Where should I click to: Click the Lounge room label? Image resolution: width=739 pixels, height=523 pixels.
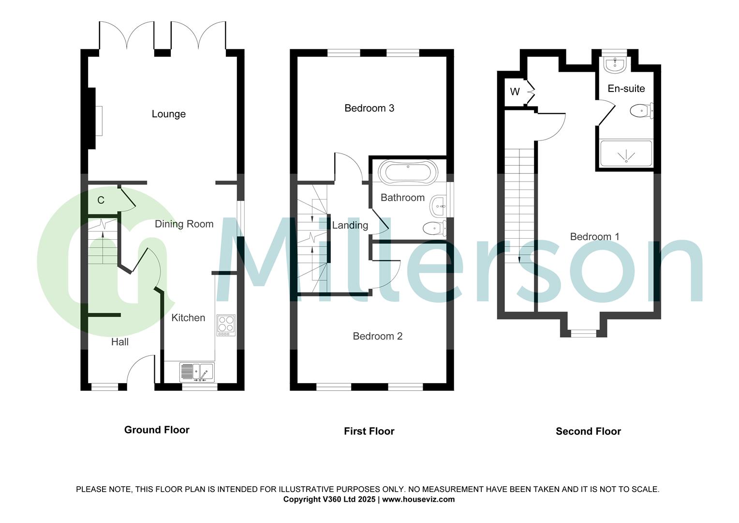pyautogui.click(x=168, y=114)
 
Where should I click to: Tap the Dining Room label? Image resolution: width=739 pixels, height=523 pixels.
pyautogui.click(x=184, y=224)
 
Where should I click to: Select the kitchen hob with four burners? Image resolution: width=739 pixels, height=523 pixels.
pyautogui.click(x=226, y=325)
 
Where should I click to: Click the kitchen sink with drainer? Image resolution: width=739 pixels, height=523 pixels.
pyautogui.click(x=196, y=372)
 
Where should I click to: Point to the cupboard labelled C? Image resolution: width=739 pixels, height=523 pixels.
pyautogui.click(x=101, y=200)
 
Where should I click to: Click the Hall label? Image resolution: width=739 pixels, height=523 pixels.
pyautogui.click(x=120, y=342)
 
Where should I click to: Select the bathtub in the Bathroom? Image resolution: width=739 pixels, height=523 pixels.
pyautogui.click(x=408, y=171)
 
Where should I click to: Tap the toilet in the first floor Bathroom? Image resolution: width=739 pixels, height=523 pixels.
pyautogui.click(x=433, y=228)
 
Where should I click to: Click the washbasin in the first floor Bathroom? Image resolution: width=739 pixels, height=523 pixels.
pyautogui.click(x=438, y=206)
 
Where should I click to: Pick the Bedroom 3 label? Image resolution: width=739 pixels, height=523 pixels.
pyautogui.click(x=369, y=108)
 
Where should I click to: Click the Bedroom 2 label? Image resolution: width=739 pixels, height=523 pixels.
pyautogui.click(x=377, y=336)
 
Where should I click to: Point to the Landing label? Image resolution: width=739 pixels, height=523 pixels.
pyautogui.click(x=350, y=225)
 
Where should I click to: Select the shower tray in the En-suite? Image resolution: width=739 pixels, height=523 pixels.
pyautogui.click(x=626, y=154)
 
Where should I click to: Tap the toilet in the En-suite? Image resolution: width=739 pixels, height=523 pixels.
pyautogui.click(x=641, y=111)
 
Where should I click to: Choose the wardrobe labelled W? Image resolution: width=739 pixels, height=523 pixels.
pyautogui.click(x=515, y=92)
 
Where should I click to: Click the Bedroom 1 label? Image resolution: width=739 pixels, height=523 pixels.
pyautogui.click(x=594, y=237)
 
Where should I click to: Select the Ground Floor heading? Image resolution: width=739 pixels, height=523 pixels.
pyautogui.click(x=157, y=430)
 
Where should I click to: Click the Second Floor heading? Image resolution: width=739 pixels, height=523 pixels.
pyautogui.click(x=588, y=431)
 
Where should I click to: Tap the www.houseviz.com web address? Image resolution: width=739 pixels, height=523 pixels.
pyautogui.click(x=418, y=499)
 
